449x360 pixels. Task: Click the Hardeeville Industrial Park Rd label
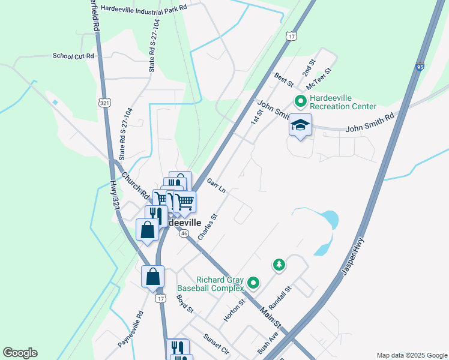(x=144, y=8)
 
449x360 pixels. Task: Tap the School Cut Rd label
(x=74, y=56)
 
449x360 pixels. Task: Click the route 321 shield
(x=105, y=103)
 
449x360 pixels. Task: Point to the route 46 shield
(x=184, y=233)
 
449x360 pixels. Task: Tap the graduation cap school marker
(x=300, y=126)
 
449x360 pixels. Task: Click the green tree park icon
(x=279, y=264)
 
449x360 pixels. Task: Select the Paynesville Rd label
(x=131, y=328)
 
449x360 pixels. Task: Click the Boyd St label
(x=185, y=304)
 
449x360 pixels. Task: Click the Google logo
(x=20, y=353)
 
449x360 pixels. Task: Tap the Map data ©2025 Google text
(x=411, y=355)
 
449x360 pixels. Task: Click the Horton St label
(x=234, y=310)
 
